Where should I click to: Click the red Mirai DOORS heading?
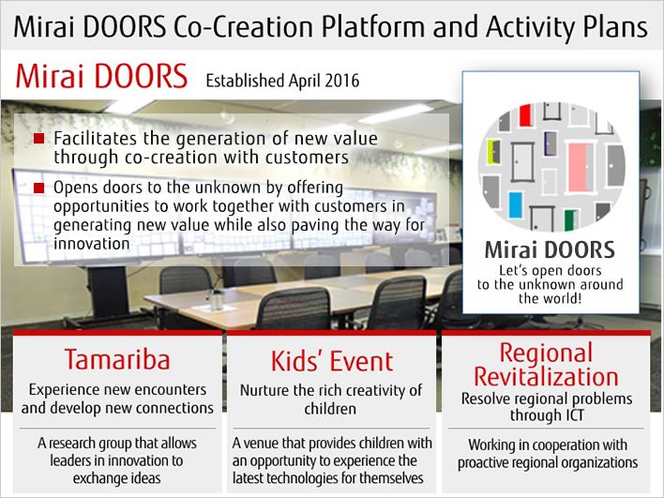(x=101, y=76)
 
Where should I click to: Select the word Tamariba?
(x=117, y=360)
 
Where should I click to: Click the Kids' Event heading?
(x=332, y=361)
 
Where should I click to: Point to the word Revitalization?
(x=546, y=376)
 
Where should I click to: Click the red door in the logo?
(x=525, y=115)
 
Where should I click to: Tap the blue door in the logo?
(x=516, y=205)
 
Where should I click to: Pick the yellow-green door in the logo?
(x=493, y=152)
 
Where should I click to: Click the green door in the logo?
(x=571, y=219)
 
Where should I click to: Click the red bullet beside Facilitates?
(x=39, y=138)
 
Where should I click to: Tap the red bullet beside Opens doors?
(x=39, y=188)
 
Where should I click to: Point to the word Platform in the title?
(x=372, y=27)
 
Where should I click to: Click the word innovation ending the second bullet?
(x=92, y=244)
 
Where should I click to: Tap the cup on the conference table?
(x=217, y=300)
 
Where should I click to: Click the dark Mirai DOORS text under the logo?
(x=550, y=249)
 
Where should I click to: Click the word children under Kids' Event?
(x=330, y=409)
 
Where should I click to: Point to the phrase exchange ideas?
(x=117, y=478)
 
